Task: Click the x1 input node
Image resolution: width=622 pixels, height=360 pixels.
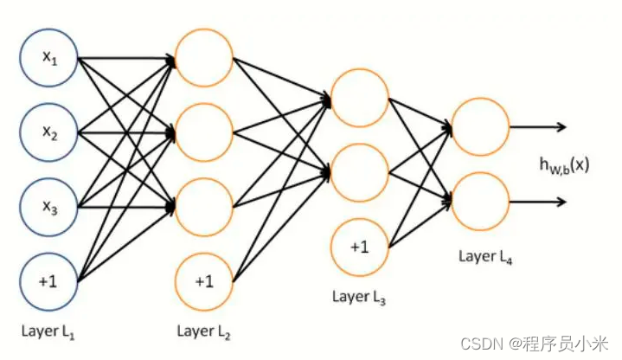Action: pyautogui.click(x=49, y=59)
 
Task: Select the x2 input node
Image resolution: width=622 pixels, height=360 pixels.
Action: pyautogui.click(x=49, y=133)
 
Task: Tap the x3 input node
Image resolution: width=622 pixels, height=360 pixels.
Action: pyautogui.click(x=49, y=207)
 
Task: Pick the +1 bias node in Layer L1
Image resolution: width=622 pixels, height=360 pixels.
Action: pyautogui.click(x=49, y=281)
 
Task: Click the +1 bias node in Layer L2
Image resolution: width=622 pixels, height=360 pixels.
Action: pyautogui.click(x=203, y=281)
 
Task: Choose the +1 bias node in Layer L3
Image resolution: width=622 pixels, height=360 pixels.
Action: pyautogui.click(x=359, y=247)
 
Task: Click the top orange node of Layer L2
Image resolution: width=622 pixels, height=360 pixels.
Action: pyautogui.click(x=203, y=59)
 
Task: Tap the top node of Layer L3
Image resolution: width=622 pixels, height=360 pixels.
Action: pyautogui.click(x=359, y=98)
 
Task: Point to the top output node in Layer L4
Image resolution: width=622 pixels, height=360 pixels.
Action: pyautogui.click(x=480, y=127)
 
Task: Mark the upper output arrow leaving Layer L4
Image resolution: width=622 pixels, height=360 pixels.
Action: pyautogui.click(x=538, y=127)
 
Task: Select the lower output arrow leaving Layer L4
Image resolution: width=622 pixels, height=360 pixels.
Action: pyautogui.click(x=538, y=202)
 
